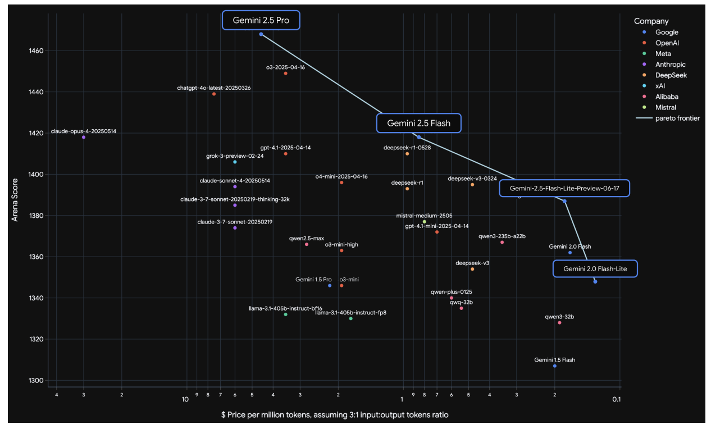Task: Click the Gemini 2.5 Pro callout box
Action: pos(261,20)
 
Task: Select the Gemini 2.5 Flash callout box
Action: pos(418,123)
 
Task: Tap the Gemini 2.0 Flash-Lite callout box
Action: pos(595,270)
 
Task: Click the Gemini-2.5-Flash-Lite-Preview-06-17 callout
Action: pos(564,189)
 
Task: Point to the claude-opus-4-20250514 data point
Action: pos(84,137)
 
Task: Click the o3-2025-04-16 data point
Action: pos(286,74)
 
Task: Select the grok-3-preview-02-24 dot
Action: pos(235,162)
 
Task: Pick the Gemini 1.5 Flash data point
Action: pos(554,366)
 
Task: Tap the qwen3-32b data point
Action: pos(559,323)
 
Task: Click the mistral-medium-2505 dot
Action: pos(424,222)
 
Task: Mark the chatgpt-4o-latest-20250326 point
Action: pos(214,94)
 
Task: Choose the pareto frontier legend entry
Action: pos(673,118)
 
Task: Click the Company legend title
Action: pos(651,21)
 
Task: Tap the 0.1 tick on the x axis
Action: pos(616,399)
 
